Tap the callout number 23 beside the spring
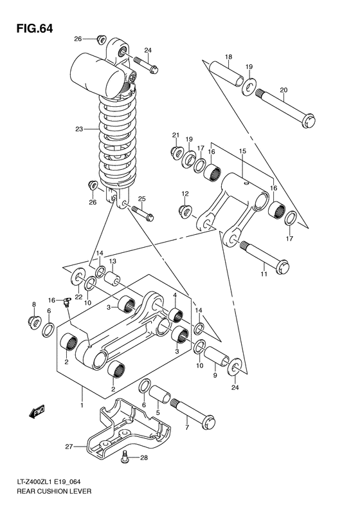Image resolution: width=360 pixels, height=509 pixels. point(79,129)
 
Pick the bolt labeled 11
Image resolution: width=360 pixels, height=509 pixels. point(263,254)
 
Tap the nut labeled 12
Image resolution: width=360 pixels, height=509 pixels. point(184,210)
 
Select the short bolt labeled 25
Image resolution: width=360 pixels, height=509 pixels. point(141,212)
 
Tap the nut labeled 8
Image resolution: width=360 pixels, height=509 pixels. point(33,320)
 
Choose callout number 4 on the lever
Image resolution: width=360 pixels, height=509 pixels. point(174,295)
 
